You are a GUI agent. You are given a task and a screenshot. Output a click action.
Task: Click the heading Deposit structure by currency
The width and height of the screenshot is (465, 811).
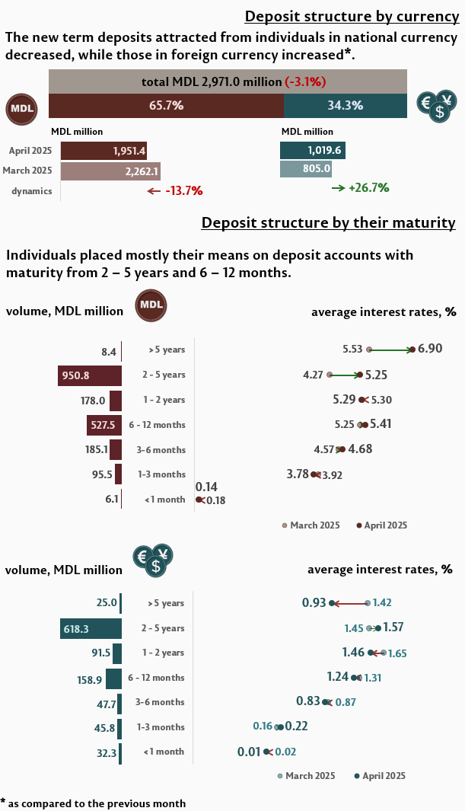point(351,17)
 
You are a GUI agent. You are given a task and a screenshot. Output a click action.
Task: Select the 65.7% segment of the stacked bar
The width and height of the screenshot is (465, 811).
point(166,106)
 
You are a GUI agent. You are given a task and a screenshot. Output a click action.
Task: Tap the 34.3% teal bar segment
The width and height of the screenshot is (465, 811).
point(345,106)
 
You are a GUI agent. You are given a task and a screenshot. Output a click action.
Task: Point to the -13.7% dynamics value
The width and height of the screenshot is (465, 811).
point(183,191)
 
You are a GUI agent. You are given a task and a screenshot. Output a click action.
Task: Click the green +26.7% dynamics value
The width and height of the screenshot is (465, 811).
point(368,187)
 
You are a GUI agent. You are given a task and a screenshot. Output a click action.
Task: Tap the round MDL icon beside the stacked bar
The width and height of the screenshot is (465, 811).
point(22,108)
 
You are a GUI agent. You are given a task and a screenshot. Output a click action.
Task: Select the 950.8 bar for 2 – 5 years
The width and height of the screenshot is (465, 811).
point(90,375)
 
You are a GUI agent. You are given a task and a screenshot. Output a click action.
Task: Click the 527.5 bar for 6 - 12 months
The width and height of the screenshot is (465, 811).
point(104,424)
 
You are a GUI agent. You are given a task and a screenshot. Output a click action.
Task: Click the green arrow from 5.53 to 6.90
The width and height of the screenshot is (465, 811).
point(390,350)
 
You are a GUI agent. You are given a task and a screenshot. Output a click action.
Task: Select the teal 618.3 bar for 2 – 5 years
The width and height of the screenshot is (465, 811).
point(91,628)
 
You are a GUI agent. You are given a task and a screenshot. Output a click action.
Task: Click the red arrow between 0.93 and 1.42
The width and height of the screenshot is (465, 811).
point(350,603)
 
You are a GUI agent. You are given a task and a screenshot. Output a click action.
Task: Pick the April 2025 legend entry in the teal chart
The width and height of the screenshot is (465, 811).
point(380,776)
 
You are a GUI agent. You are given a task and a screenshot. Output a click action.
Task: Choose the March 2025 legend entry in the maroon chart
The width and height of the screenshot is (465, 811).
point(311,525)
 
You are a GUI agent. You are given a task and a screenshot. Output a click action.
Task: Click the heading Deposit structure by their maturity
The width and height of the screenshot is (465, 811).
point(328,222)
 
